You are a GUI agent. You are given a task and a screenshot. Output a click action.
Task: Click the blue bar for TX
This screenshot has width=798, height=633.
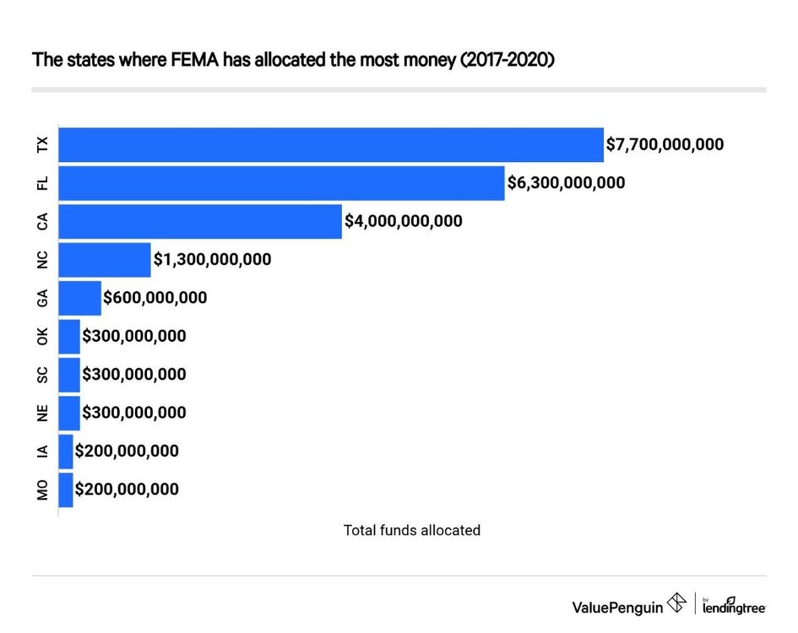[x=331, y=144]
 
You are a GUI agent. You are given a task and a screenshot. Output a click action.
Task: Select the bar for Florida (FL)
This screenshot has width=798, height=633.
[x=281, y=183]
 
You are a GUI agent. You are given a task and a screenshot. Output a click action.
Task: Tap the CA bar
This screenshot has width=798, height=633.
[x=200, y=221]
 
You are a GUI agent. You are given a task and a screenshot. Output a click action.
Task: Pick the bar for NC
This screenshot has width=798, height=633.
[x=105, y=259]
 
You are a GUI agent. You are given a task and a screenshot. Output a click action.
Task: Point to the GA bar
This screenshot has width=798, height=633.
[x=79, y=298]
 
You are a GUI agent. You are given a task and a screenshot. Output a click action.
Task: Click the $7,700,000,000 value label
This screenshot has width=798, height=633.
[x=665, y=144]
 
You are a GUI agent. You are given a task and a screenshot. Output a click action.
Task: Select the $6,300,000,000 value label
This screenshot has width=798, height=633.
[x=566, y=183]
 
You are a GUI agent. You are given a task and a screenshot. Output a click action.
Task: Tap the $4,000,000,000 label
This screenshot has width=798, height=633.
[x=403, y=221]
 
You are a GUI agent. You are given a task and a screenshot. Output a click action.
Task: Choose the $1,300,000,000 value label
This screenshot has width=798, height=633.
[x=212, y=259]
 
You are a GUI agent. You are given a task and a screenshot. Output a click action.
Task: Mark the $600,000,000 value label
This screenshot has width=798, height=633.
[x=155, y=298]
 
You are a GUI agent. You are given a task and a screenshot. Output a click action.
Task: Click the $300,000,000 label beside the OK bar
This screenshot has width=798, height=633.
[x=133, y=336]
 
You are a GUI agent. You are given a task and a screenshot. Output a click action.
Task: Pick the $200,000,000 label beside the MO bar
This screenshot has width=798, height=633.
[x=127, y=489]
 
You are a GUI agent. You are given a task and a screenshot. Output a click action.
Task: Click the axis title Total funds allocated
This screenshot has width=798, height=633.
[x=411, y=530]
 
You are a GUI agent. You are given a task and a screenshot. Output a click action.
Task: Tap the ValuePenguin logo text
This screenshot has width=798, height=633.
[x=618, y=605]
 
